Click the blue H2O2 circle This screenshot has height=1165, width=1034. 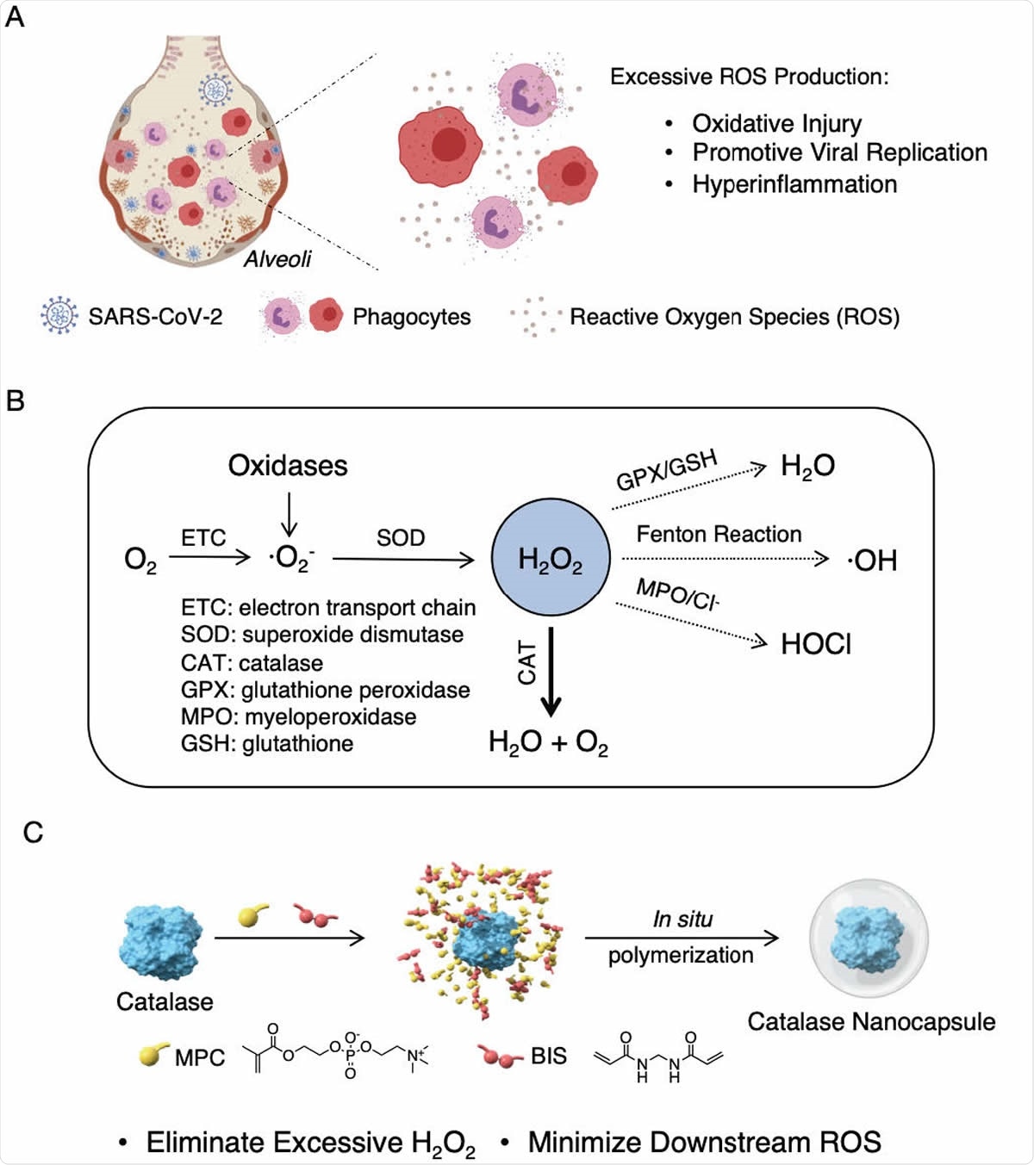[x=551, y=559]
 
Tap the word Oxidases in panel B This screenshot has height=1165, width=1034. [x=288, y=466]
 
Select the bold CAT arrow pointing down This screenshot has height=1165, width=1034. [x=551, y=672]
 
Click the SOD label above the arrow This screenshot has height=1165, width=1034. [x=401, y=538]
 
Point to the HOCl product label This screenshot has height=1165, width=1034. [x=815, y=644]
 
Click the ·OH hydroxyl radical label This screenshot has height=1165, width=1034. [x=872, y=561]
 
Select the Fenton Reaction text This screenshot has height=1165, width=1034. [x=719, y=535]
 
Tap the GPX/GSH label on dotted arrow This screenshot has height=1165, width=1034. [x=666, y=469]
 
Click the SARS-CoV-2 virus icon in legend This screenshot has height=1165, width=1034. [x=59, y=316]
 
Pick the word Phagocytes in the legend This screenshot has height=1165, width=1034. [x=411, y=317]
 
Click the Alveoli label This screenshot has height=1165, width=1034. [x=277, y=259]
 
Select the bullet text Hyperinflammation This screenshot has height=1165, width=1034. [x=794, y=184]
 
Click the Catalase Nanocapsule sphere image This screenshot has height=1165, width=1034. [x=869, y=939]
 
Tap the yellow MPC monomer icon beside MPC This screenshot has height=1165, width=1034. [x=155, y=1055]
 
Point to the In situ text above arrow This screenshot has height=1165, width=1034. [x=682, y=920]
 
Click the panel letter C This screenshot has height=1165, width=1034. [x=33, y=833]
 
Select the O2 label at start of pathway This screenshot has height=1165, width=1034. [x=140, y=561]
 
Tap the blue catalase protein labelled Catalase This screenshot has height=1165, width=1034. [x=160, y=942]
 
